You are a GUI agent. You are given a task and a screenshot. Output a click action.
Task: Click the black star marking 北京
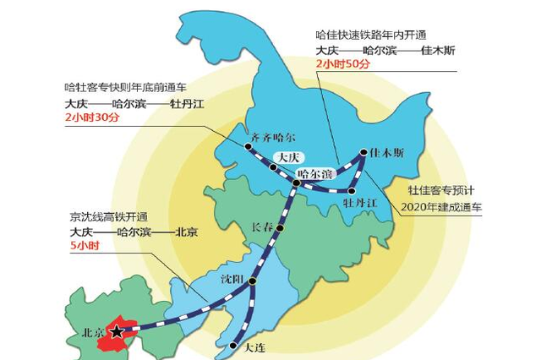[x=117, y=331]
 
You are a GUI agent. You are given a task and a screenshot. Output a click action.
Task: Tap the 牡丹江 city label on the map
[x=360, y=204]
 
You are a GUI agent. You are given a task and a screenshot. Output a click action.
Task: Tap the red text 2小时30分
[x=93, y=118]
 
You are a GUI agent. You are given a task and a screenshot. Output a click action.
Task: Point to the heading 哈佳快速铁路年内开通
[x=373, y=35]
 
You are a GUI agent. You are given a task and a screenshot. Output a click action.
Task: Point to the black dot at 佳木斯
[x=363, y=154]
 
